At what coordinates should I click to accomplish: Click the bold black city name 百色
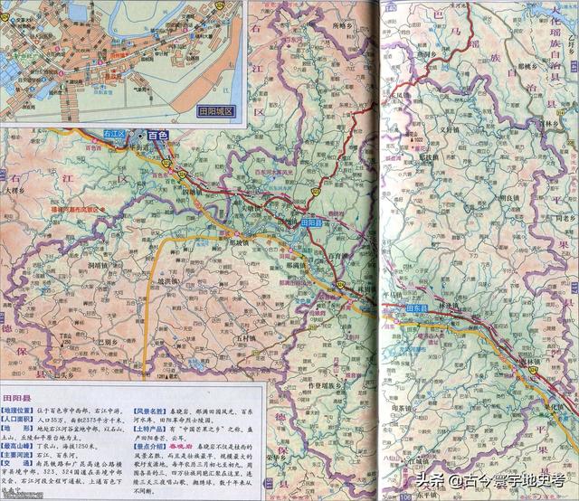click(x=158, y=135)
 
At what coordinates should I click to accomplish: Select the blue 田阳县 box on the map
click(x=311, y=222)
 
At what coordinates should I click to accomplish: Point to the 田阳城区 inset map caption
click(x=214, y=112)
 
